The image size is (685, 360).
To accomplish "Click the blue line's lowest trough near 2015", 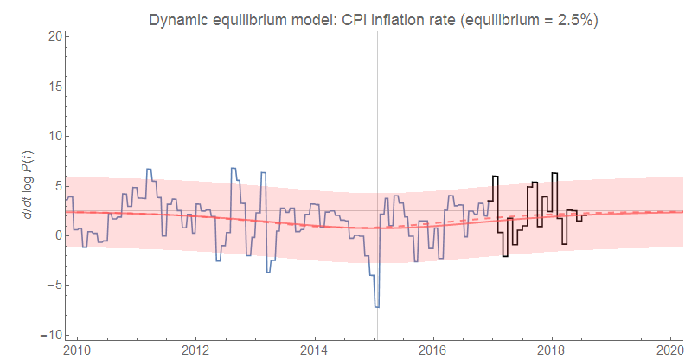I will (376, 306).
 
